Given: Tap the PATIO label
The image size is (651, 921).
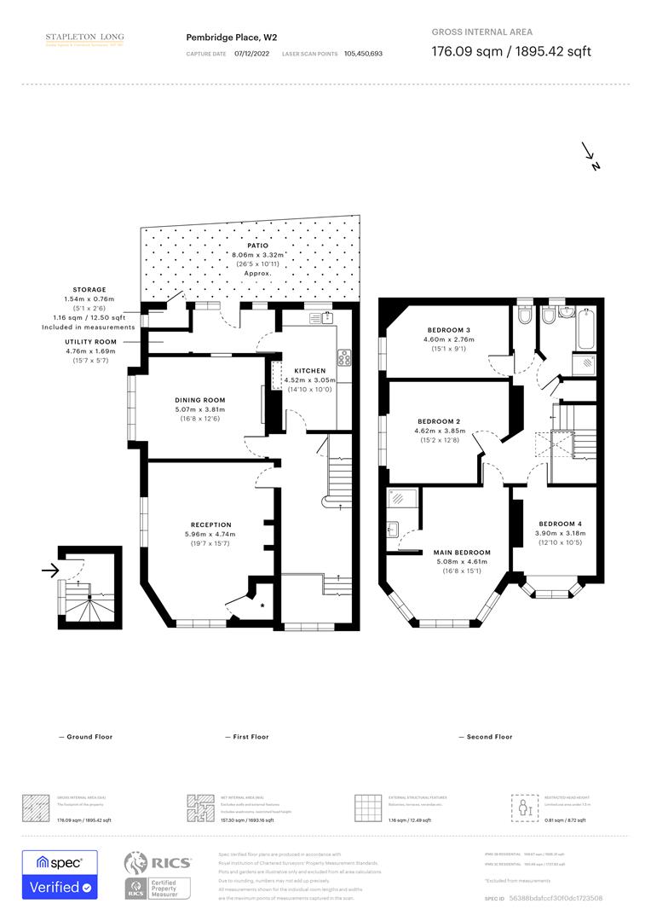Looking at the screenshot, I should click(245, 246).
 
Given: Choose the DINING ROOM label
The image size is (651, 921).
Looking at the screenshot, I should click(200, 400).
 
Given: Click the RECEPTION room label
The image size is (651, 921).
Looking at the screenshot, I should click(210, 524).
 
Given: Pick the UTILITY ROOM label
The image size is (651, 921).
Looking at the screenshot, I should click(91, 341).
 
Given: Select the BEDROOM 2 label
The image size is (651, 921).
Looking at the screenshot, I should click(439, 421).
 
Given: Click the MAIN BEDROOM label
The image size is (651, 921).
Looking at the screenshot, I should click(449, 552).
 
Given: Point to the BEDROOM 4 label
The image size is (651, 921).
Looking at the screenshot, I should click(561, 524).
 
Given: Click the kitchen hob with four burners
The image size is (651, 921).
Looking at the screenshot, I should click(344, 358).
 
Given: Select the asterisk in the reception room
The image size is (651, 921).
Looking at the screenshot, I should click(262, 605).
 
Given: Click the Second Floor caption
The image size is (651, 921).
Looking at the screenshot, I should click(485, 737).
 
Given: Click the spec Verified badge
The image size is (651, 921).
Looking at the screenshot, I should click(60, 875).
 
